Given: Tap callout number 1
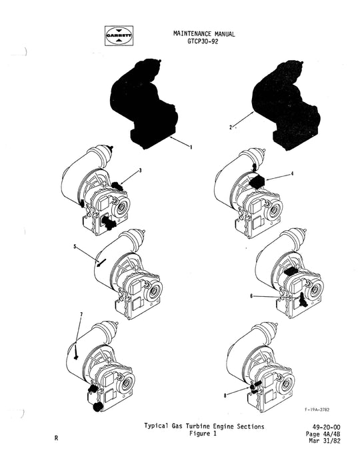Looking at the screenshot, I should (x=191, y=148).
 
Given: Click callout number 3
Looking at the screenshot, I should (x=141, y=171).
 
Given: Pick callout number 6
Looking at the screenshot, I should (x=251, y=296).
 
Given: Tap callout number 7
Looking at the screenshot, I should (x=81, y=314).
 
